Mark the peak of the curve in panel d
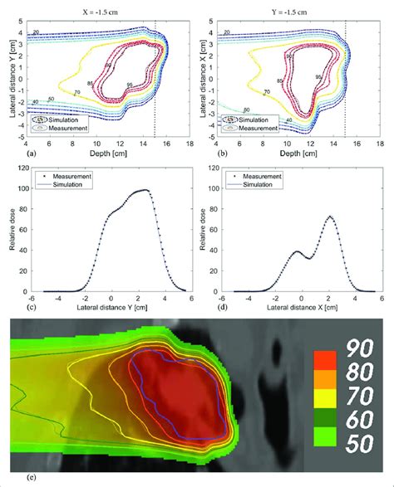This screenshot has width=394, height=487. pyautogui.click(x=330, y=217)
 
